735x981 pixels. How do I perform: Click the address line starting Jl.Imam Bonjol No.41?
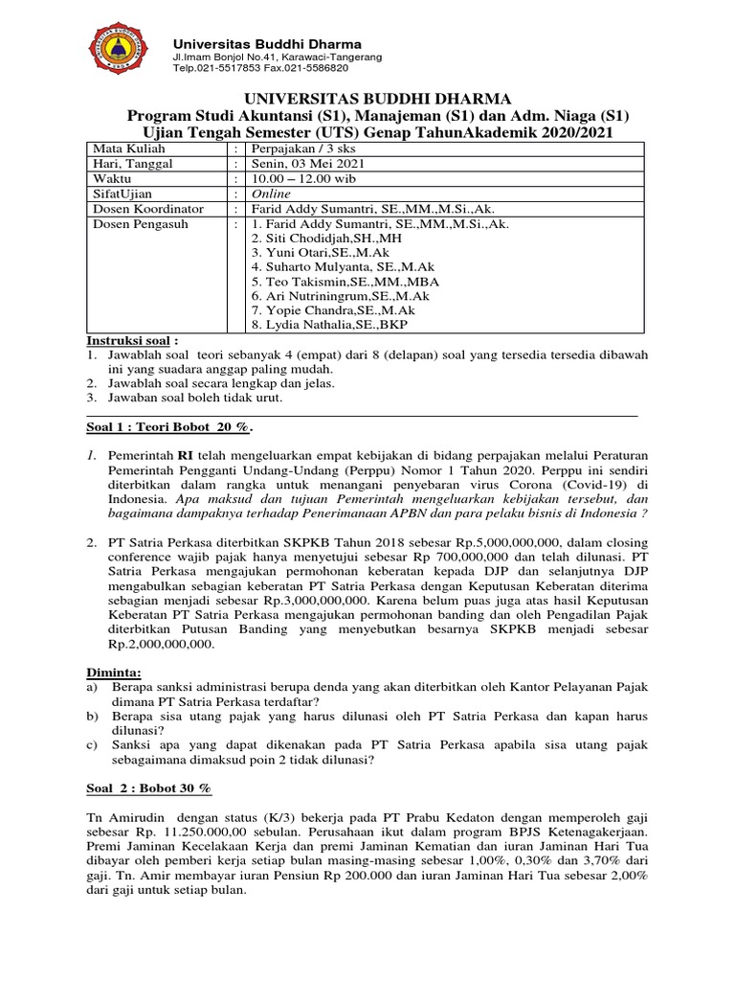pyautogui.click(x=277, y=57)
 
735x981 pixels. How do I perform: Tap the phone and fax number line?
pyautogui.click(x=259, y=69)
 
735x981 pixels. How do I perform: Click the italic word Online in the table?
pyautogui.click(x=271, y=194)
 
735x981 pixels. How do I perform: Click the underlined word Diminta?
pyautogui.click(x=111, y=673)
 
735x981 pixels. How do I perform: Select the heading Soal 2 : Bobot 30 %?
pyautogui.click(x=145, y=787)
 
